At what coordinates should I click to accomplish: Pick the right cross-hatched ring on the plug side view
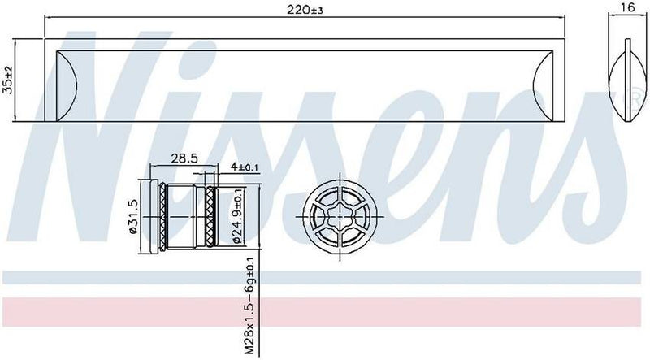click(213, 217)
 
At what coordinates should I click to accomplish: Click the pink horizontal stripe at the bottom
click(325, 311)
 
